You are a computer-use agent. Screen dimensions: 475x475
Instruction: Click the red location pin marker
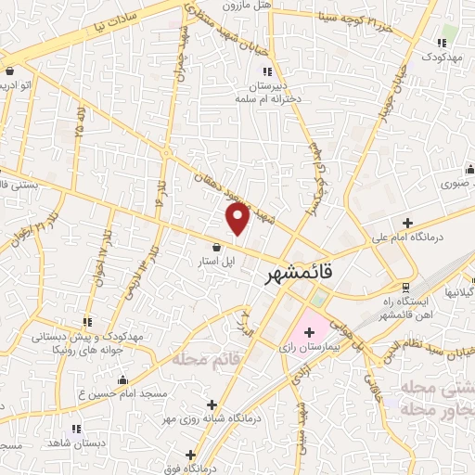(x=238, y=219)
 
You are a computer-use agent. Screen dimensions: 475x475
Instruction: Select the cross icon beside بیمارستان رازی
(x=309, y=331)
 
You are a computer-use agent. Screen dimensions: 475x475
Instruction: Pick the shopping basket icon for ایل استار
(x=216, y=247)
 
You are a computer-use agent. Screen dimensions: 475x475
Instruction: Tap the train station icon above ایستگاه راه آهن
(x=404, y=288)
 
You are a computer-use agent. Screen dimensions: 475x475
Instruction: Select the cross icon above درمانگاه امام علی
(x=407, y=222)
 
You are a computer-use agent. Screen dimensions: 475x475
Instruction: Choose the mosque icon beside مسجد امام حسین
(x=122, y=379)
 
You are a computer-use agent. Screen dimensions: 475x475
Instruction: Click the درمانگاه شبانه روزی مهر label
(x=226, y=417)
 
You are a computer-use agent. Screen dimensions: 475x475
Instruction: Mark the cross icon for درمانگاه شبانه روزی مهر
(x=212, y=404)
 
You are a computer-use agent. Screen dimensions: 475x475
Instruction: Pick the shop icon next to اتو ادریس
(x=9, y=71)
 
